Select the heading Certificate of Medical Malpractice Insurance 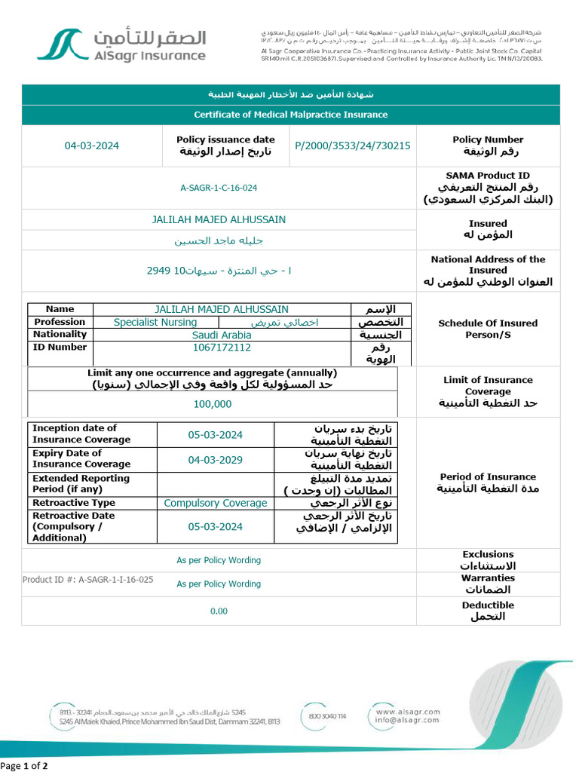(x=290, y=115)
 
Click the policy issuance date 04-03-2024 (x=92, y=146)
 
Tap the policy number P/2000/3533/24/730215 (x=353, y=146)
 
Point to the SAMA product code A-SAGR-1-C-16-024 (x=219, y=188)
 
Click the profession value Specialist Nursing (x=155, y=322)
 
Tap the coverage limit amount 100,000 (x=213, y=404)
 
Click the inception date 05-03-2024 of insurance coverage (x=216, y=434)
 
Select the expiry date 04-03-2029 (x=216, y=459)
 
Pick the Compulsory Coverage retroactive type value (x=216, y=503)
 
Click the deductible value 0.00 (x=219, y=611)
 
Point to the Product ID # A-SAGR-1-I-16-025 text (x=88, y=580)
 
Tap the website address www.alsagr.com (x=407, y=711)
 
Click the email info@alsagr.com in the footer (x=407, y=720)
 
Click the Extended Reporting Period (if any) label (x=81, y=484)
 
